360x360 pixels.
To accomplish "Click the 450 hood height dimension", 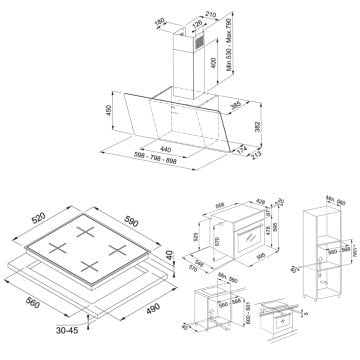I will pos(101,109).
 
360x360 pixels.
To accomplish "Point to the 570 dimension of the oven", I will pos(206,242).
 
